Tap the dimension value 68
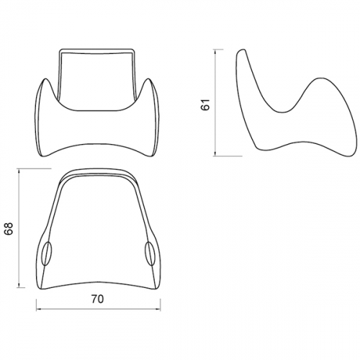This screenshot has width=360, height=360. tap(9, 228)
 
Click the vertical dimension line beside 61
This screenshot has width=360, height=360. tap(215, 102)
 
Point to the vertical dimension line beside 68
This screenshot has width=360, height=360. tap(19, 228)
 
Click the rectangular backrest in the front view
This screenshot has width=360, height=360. tap(97, 76)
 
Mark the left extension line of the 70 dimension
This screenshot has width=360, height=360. tap(36, 299)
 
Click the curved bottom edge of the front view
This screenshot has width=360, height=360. tap(97, 143)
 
